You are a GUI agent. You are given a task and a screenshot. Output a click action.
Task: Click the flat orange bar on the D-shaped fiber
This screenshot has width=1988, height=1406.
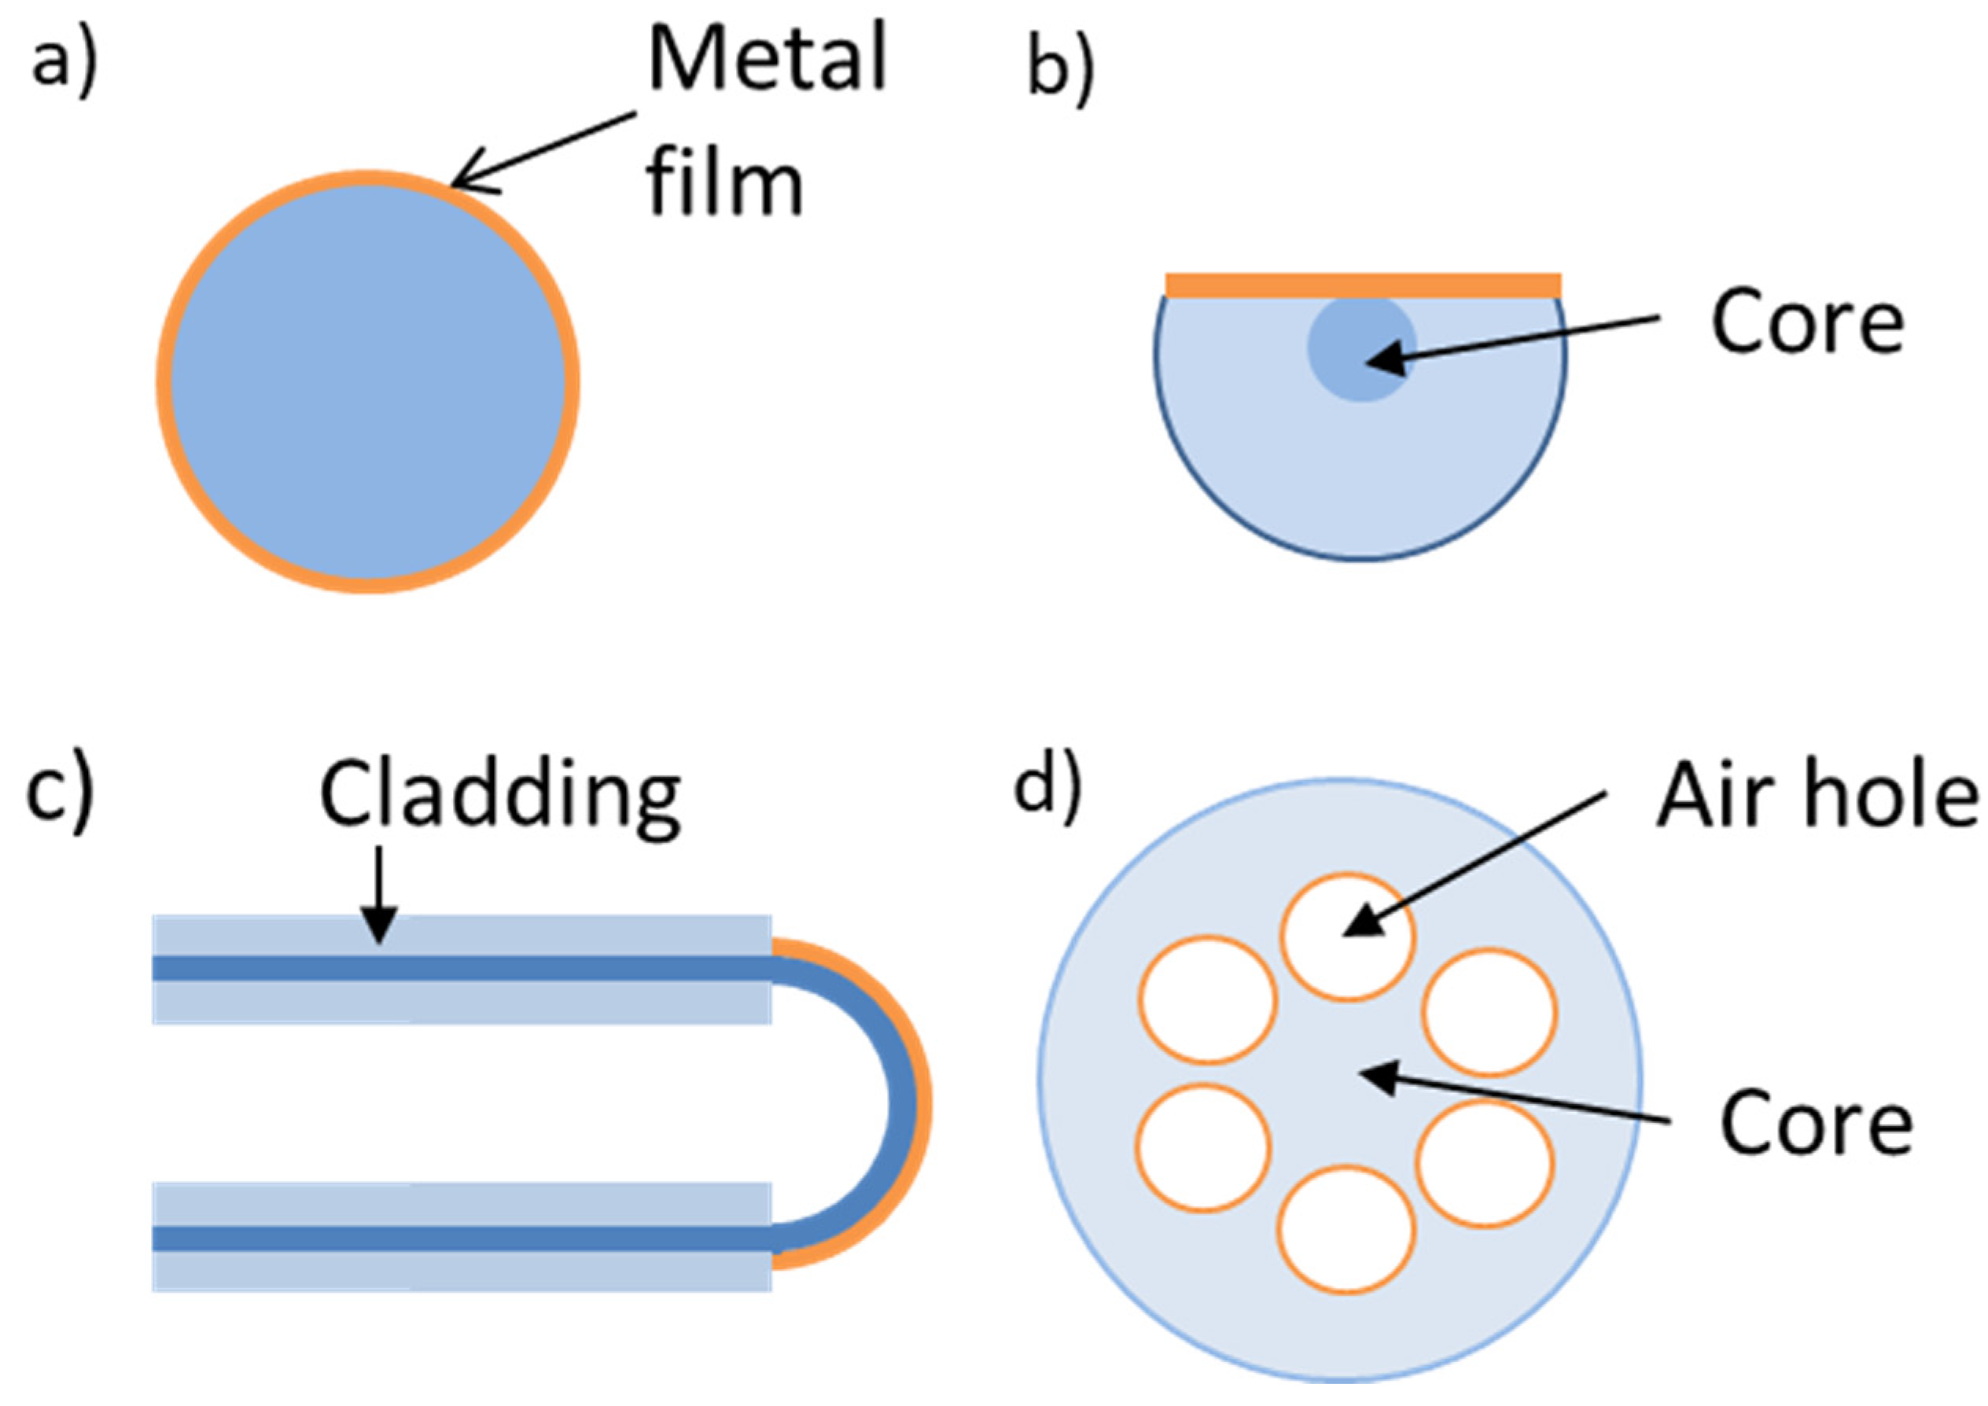click(x=1363, y=285)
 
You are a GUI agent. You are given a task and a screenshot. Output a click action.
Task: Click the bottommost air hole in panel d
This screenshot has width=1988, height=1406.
click(x=1346, y=1229)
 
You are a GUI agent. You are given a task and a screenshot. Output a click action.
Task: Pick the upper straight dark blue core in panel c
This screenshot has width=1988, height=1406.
click(x=459, y=968)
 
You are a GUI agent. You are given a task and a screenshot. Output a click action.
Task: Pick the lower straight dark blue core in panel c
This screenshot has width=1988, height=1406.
click(x=459, y=1239)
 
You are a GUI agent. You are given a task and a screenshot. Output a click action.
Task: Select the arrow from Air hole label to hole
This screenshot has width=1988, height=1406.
click(x=1472, y=866)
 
